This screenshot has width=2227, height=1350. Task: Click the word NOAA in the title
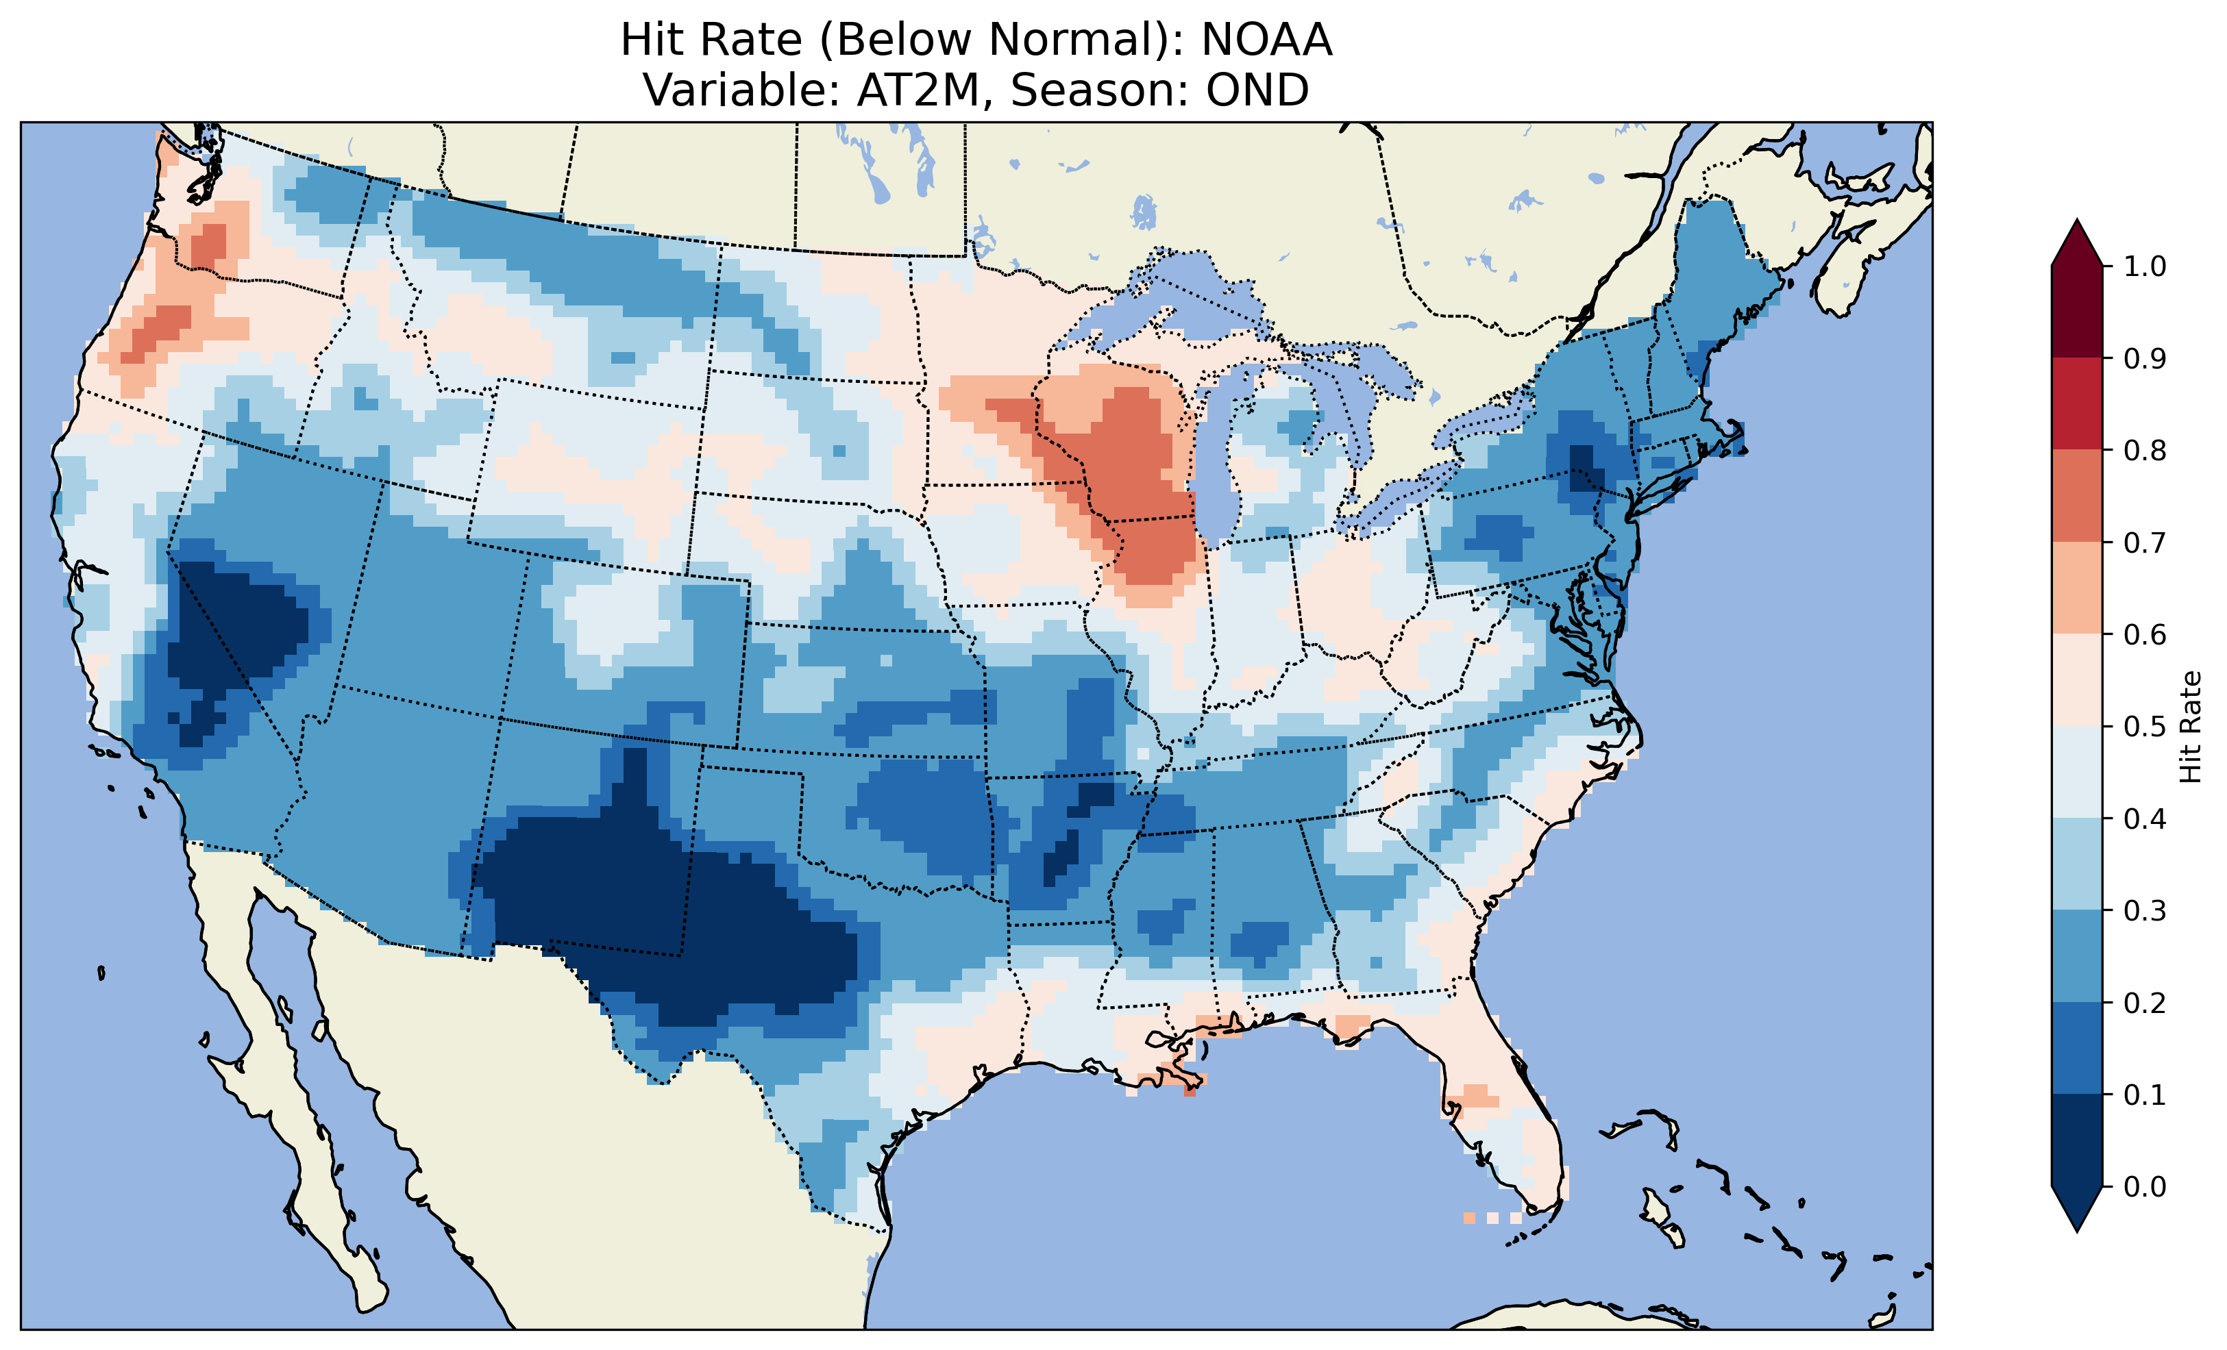1266,40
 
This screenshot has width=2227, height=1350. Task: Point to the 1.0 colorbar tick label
2145,266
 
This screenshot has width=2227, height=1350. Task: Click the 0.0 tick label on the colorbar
2145,1186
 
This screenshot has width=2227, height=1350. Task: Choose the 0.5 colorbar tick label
2145,727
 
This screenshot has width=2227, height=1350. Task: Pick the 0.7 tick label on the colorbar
2145,542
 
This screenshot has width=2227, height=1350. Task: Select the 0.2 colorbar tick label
2145,1003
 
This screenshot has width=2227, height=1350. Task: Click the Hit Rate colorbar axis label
2190,727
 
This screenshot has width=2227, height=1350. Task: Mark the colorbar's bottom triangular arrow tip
2077,1229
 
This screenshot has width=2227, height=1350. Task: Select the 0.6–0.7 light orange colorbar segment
2077,588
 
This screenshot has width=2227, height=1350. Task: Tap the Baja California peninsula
271,1066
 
